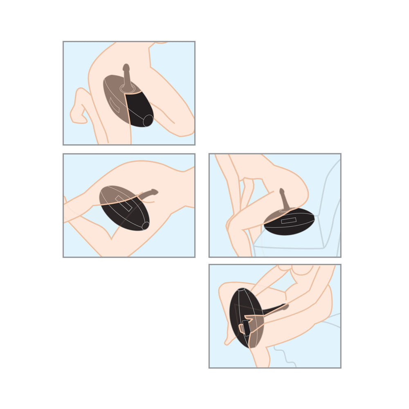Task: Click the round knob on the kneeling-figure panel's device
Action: click(148, 120)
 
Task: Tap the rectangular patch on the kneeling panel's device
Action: click(114, 105)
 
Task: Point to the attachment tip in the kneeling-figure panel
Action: click(126, 67)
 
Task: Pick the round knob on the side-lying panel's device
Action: click(145, 225)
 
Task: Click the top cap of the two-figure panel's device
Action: click(240, 290)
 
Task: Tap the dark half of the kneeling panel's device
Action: click(139, 108)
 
